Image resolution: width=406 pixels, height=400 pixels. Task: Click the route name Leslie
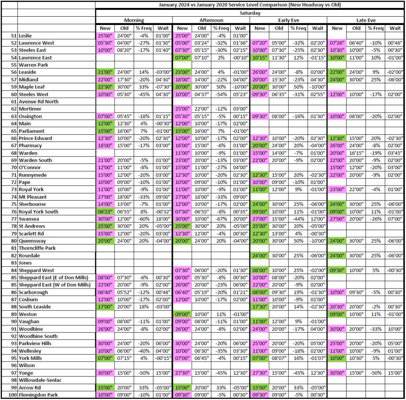(27, 35)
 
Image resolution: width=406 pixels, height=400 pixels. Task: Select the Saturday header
(249, 13)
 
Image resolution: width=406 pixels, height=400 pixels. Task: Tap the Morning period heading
(134, 20)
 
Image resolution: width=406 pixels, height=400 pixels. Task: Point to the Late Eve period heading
(366, 20)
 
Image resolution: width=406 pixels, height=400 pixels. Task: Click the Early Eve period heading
(289, 20)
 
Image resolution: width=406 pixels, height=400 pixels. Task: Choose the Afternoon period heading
(211, 20)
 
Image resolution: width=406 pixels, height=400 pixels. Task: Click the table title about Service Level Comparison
(249, 5)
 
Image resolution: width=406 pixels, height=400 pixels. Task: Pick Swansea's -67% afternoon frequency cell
(221, 219)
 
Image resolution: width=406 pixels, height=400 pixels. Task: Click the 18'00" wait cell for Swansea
(163, 219)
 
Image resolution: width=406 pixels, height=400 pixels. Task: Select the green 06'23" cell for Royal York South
(105, 212)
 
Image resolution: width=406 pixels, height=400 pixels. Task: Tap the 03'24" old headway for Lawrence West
(202, 43)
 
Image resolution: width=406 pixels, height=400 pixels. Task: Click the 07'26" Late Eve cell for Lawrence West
(337, 43)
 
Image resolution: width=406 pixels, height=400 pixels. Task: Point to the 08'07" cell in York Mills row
(279, 358)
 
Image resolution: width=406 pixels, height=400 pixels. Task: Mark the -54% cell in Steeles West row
(221, 94)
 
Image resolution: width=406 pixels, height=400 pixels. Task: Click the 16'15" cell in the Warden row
(356, 153)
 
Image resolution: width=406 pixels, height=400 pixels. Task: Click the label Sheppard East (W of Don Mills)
(55, 285)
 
